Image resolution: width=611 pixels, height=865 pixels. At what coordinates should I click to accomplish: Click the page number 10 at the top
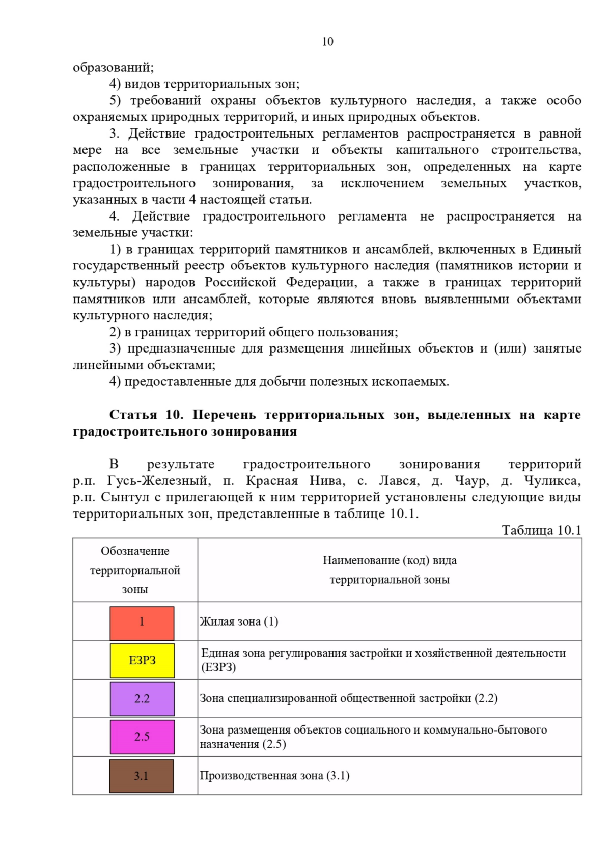pyautogui.click(x=327, y=42)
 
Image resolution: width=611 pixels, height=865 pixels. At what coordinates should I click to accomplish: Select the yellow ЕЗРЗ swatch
pyautogui.click(x=142, y=661)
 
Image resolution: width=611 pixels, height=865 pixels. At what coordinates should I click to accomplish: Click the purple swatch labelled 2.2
pyautogui.click(x=142, y=699)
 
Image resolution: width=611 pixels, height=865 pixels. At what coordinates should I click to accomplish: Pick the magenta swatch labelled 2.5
pyautogui.click(x=142, y=737)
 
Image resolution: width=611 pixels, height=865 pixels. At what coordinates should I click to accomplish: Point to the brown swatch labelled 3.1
pyautogui.click(x=142, y=776)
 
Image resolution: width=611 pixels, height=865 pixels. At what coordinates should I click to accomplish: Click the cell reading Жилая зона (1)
pyautogui.click(x=239, y=621)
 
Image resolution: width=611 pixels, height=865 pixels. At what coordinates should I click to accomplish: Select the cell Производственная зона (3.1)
pyautogui.click(x=274, y=776)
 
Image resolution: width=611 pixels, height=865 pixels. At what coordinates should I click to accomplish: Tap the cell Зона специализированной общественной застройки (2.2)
pyautogui.click(x=348, y=698)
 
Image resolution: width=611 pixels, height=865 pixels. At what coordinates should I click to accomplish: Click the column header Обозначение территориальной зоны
pyautogui.click(x=135, y=570)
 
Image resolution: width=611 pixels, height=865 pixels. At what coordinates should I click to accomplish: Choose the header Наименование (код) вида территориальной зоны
pyautogui.click(x=390, y=570)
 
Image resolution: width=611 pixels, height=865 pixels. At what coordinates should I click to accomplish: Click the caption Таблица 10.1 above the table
pyautogui.click(x=541, y=530)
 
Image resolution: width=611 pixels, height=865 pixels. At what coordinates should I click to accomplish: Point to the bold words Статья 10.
pyautogui.click(x=146, y=415)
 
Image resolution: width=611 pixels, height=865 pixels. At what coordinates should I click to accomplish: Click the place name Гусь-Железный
pyautogui.click(x=159, y=481)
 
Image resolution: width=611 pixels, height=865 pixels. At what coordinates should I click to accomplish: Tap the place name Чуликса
pyautogui.click(x=552, y=481)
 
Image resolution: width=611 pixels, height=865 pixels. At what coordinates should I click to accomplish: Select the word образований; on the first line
pyautogui.click(x=113, y=67)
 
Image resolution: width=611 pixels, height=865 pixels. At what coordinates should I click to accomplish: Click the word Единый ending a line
pyautogui.click(x=557, y=249)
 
